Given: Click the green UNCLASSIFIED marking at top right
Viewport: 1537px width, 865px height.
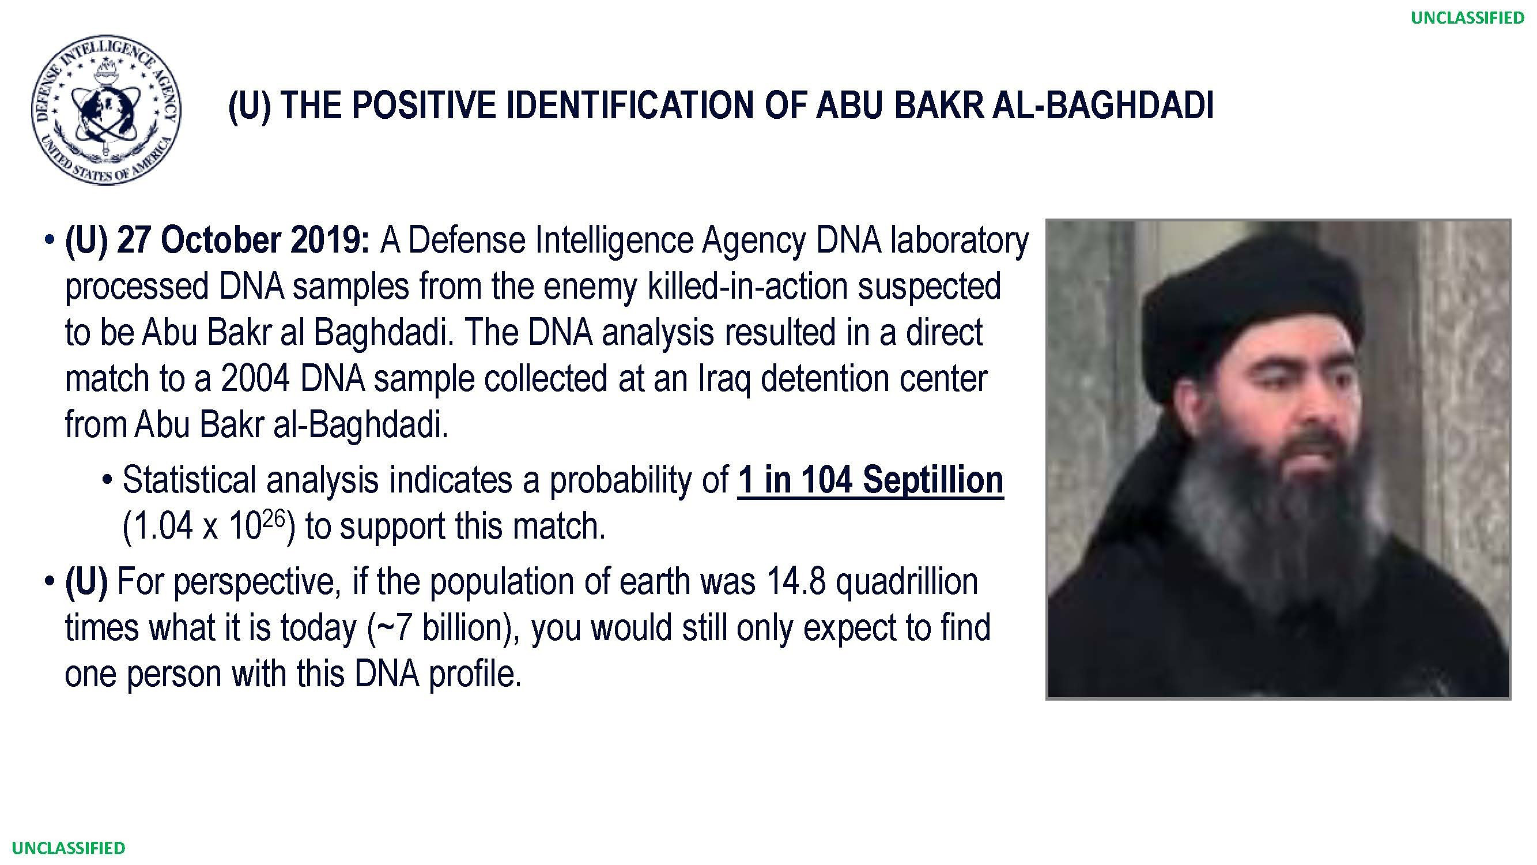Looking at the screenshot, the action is tap(1467, 18).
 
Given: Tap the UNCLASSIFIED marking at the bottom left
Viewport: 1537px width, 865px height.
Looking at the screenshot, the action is tap(69, 848).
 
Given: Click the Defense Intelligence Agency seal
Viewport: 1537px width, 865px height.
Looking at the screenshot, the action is tap(106, 109).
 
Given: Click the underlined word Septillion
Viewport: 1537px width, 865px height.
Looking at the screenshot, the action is tap(933, 481).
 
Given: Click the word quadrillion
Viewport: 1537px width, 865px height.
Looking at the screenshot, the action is tap(907, 582).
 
